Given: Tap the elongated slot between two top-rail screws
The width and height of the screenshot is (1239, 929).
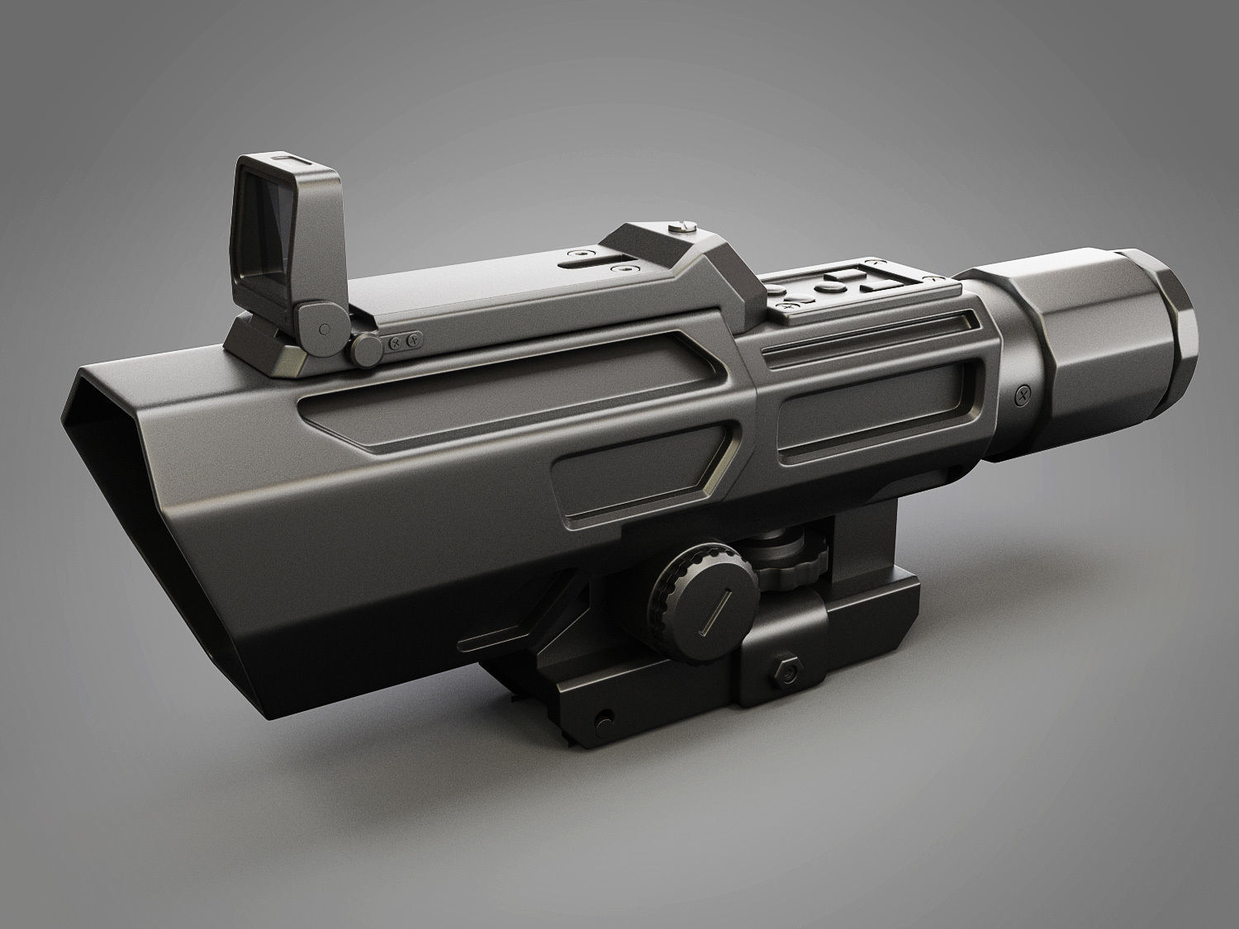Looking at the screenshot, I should coord(587,263).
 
